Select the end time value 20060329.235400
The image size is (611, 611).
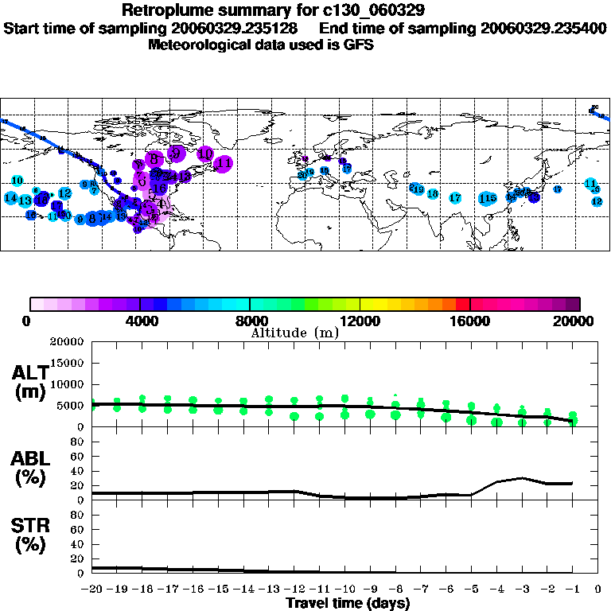point(543,28)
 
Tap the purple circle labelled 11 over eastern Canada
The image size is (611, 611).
point(224,164)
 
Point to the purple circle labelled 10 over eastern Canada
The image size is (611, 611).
point(205,154)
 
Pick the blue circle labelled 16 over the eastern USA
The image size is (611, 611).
point(160,189)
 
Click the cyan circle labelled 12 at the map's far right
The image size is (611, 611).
point(597,201)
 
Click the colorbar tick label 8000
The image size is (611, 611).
point(250,321)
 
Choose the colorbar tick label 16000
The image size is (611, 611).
point(470,321)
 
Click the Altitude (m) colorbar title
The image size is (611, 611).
point(294,333)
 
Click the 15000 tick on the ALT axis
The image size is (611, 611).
point(72,363)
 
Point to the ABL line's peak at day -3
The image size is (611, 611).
point(522,478)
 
